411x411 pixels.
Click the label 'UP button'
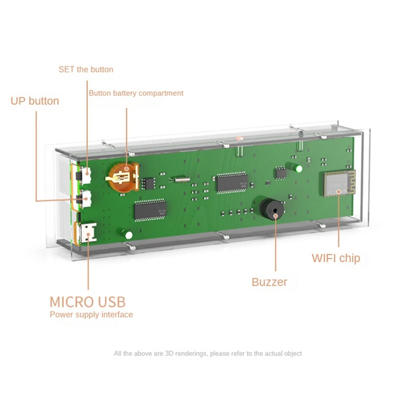coord(35,101)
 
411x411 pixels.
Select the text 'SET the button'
coord(86,69)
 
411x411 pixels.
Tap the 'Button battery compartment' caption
coord(136,93)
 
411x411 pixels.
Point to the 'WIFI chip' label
coord(336,258)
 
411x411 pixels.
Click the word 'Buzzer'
coord(269,282)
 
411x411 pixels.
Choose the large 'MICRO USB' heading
coord(87,302)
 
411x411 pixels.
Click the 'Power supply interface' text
coord(91,314)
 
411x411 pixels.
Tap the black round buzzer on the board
coord(269,209)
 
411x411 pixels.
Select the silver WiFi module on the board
coord(337,183)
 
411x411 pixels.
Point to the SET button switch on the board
coord(85,176)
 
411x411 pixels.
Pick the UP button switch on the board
coord(85,198)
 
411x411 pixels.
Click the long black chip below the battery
coord(150,210)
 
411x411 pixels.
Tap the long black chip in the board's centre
coord(231,182)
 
